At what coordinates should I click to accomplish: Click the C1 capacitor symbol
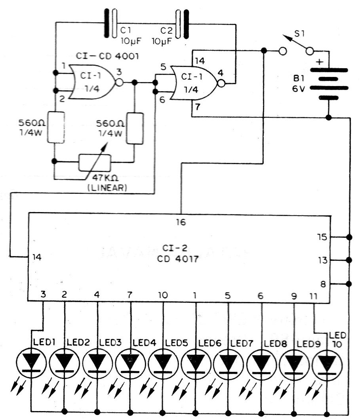point(110,23)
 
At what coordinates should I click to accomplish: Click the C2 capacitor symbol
point(182,24)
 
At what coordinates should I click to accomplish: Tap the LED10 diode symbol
point(327,365)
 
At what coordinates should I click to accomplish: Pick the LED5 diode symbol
point(163,364)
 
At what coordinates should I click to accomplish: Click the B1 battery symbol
point(329,84)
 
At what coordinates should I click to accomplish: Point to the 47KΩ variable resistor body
point(95,163)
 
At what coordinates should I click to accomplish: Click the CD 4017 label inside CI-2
point(177,259)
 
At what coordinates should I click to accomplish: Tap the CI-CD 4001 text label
point(107,56)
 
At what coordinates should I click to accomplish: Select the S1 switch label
point(299,34)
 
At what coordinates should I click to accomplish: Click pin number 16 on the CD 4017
point(181,222)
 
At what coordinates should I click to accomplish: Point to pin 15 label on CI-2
point(322,237)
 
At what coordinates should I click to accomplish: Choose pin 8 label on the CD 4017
point(323,284)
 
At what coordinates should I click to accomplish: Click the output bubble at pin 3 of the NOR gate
point(119,82)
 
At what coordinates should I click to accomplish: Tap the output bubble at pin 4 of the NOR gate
point(221,83)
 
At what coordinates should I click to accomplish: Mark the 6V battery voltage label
point(298,88)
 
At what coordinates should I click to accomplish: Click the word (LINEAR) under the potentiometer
point(107,187)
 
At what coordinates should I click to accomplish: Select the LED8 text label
point(275,344)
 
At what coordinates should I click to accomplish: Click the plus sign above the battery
point(320,62)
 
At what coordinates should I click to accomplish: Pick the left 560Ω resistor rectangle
point(56,127)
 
